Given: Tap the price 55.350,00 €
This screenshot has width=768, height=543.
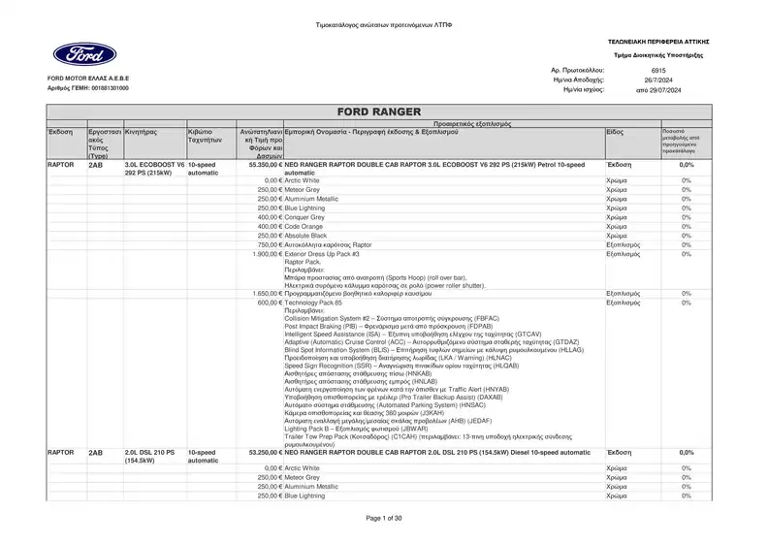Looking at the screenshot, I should [265, 166].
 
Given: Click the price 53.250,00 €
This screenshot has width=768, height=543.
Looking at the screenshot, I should [265, 453].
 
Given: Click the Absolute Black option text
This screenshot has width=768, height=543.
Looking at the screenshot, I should [306, 236].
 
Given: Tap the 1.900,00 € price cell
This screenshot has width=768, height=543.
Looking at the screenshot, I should [266, 254].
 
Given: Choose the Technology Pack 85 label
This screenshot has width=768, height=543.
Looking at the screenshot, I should [313, 303].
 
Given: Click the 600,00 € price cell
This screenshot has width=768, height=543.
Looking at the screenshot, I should [269, 303].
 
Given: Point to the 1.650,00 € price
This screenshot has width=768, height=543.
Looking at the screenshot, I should [266, 293].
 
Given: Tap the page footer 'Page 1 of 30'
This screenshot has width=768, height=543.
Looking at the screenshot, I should [384, 518].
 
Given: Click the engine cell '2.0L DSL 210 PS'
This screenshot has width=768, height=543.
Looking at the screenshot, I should [150, 453].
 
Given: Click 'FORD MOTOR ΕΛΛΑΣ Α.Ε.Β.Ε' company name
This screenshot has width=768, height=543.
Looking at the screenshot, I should [88, 77].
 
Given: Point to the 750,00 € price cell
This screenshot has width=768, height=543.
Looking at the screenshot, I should [269, 245].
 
